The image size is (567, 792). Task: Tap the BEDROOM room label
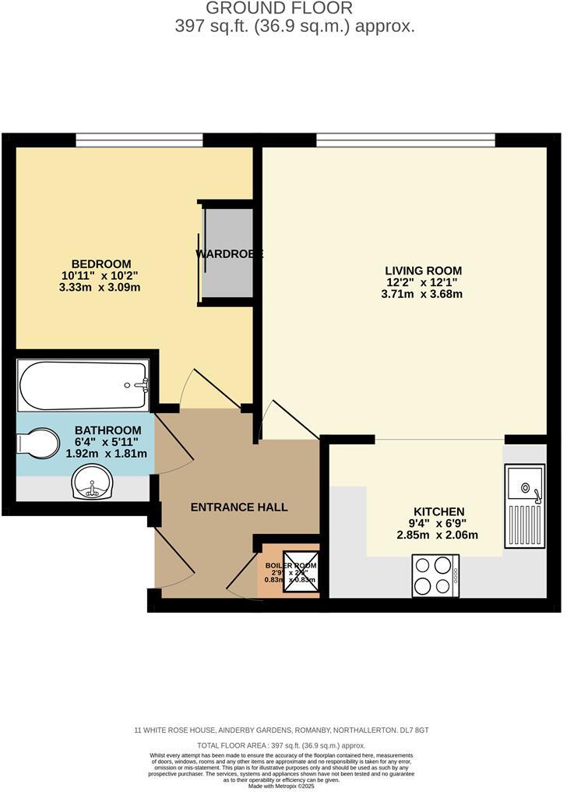[101, 264]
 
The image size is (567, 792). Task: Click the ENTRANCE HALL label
[239, 507]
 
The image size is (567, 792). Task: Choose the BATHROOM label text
[107, 430]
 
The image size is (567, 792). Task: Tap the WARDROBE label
[229, 254]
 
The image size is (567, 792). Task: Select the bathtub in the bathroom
[83, 386]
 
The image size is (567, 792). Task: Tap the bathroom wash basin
[93, 484]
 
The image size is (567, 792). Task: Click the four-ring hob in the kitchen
[435, 575]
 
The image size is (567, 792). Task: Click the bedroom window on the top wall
[139, 140]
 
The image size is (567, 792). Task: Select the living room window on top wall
[405, 140]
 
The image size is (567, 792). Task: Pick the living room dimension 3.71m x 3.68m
[422, 294]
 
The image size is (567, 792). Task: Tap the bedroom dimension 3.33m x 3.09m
[100, 287]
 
